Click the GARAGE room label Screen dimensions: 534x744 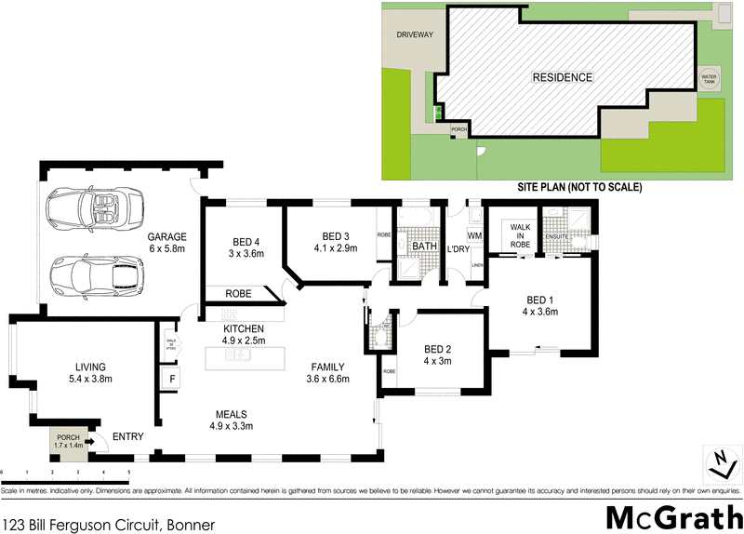[167, 236]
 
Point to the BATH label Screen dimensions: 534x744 [425, 247]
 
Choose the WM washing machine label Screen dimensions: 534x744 [473, 235]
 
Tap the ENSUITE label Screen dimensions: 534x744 [558, 236]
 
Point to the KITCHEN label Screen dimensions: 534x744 [243, 329]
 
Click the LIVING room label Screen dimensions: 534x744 [78, 367]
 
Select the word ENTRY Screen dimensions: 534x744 [127, 436]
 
